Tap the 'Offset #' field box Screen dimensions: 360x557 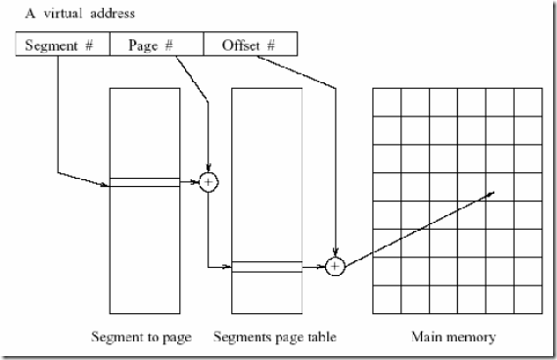[249, 44]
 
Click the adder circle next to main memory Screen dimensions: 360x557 [335, 264]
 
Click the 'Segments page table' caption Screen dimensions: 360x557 [277, 337]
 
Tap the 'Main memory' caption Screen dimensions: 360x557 [455, 337]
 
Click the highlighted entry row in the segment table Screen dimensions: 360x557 [145, 181]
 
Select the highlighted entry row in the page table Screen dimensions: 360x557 [267, 265]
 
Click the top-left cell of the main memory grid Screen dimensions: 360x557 [386, 101]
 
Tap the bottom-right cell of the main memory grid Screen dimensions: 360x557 [527, 298]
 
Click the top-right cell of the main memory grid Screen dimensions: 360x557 [527, 101]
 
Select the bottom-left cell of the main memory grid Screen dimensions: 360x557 [386, 298]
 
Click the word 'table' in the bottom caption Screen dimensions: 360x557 [320, 337]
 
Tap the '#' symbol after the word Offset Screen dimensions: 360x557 [269, 44]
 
